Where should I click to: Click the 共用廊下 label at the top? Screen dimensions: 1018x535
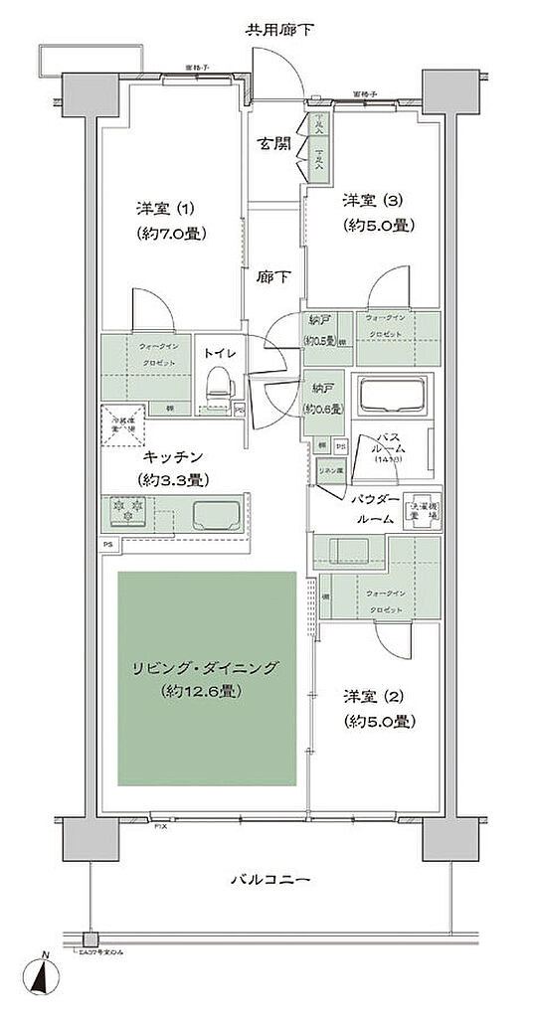(279, 29)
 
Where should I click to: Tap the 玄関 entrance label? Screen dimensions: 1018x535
(275, 142)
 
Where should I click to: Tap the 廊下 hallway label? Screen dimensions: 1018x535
(275, 277)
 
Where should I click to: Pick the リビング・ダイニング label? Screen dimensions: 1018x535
(208, 668)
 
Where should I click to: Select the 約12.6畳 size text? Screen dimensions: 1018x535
(208, 691)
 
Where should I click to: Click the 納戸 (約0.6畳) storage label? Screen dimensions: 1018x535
(323, 398)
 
